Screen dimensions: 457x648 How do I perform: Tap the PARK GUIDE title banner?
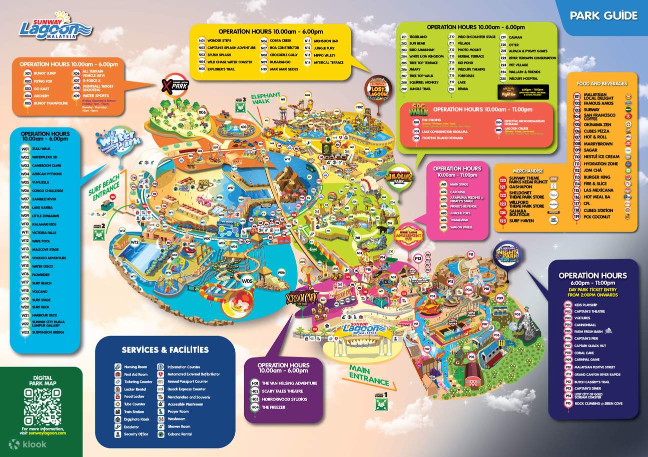pos(603,15)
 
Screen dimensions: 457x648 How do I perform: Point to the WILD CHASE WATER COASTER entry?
pos(229,62)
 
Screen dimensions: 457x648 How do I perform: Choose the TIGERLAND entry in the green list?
pos(418,37)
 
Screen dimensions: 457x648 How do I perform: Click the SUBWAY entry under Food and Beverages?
pos(592,109)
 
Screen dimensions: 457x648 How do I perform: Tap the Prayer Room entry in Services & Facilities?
pos(178,411)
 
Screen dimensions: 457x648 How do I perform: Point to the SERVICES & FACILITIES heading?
pos(165,349)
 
